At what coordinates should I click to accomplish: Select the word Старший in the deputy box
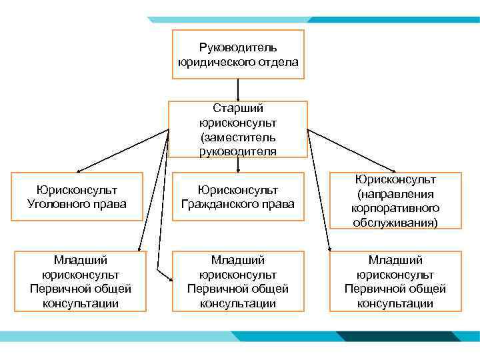pos(238,108)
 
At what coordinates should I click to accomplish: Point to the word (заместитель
pos(238,137)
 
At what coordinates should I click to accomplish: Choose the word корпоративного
pos(396,208)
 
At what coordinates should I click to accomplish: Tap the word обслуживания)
pos(396,222)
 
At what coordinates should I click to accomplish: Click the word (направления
pos(396,194)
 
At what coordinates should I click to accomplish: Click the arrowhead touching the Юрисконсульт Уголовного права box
pos(79,171)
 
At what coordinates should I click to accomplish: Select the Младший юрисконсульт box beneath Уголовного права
pos(80,281)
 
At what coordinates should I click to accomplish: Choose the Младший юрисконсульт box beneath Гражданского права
pos(238,281)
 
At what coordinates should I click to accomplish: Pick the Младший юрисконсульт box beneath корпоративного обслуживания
pos(395,281)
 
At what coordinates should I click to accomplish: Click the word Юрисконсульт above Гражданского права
pos(238,191)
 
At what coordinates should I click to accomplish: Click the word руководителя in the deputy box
pos(238,151)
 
